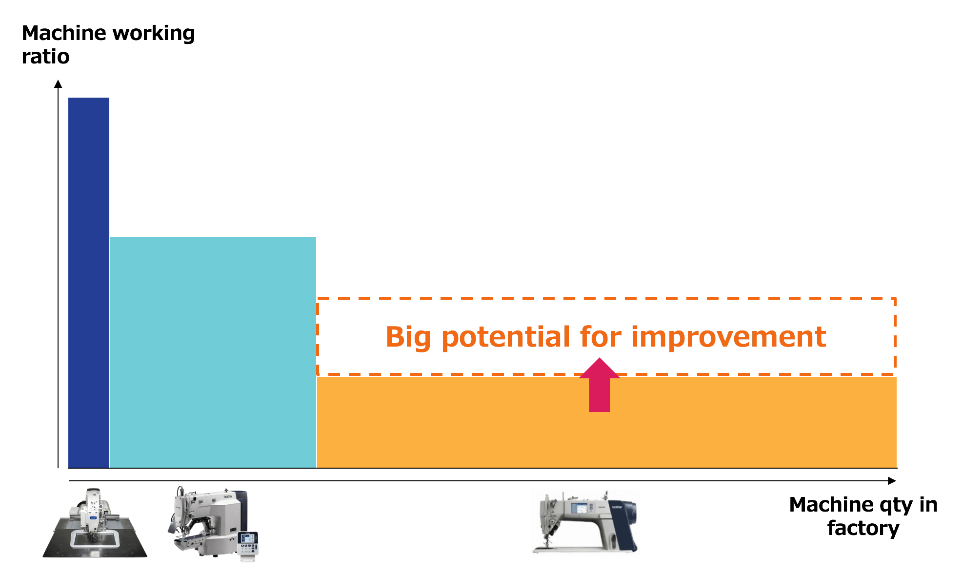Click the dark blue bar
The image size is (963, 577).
tap(89, 283)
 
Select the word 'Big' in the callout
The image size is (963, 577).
tap(408, 337)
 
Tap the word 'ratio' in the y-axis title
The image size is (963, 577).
tap(45, 57)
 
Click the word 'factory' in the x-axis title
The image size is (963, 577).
tap(863, 529)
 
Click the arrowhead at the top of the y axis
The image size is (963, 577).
tap(58, 84)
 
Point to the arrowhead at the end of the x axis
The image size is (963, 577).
tap(892, 481)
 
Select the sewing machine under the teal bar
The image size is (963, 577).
tap(207, 522)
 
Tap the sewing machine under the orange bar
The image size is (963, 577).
tap(585, 522)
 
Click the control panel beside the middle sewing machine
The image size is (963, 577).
tap(248, 544)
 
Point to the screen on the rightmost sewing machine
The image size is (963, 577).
tap(579, 508)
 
